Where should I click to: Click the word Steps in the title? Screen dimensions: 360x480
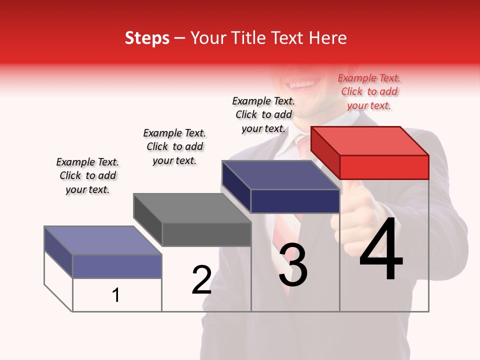[x=147, y=38]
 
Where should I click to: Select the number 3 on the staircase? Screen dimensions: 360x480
[x=293, y=265]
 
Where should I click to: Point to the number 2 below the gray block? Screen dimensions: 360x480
[x=201, y=280]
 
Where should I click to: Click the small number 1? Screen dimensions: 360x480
[x=116, y=295]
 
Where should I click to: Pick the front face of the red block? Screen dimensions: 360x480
[x=384, y=167]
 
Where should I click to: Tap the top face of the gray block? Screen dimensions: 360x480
[x=192, y=208]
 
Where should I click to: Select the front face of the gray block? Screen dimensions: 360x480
[x=206, y=234]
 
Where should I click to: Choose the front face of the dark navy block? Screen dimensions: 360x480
[x=295, y=201]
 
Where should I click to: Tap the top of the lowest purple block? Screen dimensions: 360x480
[x=103, y=240]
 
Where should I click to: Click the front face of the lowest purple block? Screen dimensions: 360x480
[x=117, y=266]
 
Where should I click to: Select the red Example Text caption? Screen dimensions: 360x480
[x=369, y=91]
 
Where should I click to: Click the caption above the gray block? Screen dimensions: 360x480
[x=174, y=146]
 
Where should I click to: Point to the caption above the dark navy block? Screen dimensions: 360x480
[x=263, y=114]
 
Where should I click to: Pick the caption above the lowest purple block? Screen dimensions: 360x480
[x=87, y=175]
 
